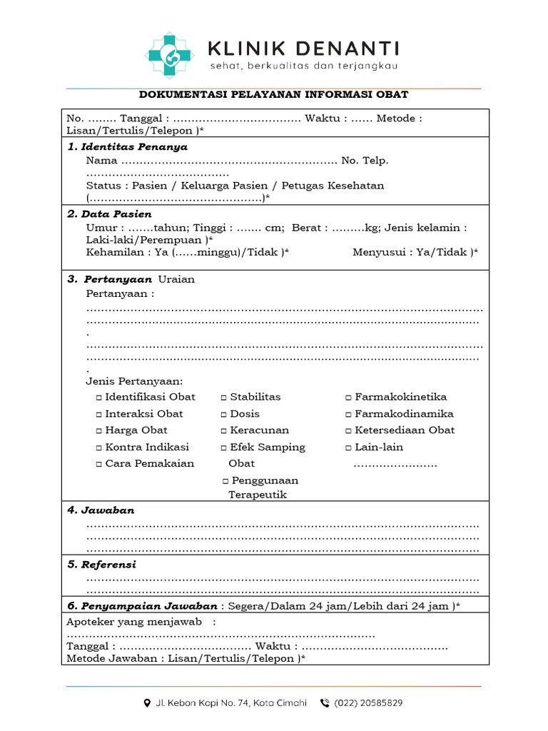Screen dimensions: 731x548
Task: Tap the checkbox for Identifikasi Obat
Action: point(99,398)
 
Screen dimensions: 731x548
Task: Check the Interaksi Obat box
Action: point(99,414)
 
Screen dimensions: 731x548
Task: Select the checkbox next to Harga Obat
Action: point(99,430)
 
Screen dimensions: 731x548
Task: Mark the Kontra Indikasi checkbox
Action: point(99,448)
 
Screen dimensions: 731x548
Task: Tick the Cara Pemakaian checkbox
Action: point(99,464)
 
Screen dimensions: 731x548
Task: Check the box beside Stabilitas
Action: point(224,398)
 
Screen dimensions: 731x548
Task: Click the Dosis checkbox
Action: point(224,414)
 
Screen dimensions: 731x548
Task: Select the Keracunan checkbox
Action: point(224,430)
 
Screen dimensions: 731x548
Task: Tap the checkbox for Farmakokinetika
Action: point(349,398)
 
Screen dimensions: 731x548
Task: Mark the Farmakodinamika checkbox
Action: point(349,414)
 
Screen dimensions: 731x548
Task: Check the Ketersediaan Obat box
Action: point(349,430)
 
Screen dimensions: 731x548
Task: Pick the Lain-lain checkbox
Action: point(349,448)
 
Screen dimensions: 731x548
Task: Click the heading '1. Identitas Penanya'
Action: point(127,147)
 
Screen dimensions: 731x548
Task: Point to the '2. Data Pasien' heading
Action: point(109,214)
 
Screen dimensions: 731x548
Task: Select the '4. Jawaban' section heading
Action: point(101,510)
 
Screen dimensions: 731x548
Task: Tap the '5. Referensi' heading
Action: point(101,565)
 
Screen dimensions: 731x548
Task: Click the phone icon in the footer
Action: point(325,702)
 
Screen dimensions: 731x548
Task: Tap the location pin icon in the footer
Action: point(147,702)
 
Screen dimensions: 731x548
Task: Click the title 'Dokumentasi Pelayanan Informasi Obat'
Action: point(273,95)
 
